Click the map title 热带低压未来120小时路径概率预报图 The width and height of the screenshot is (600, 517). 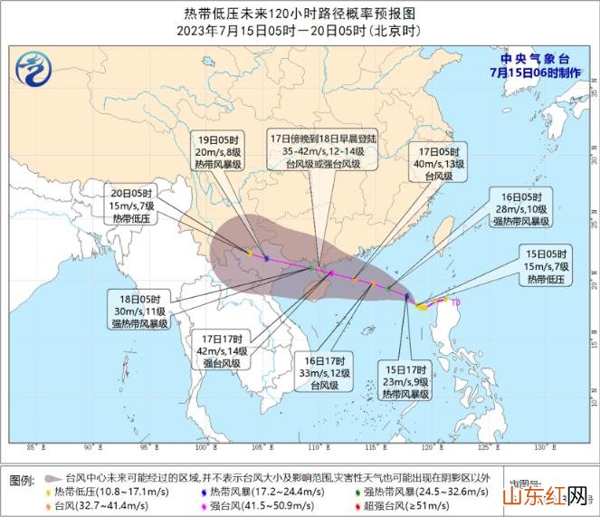point(300,14)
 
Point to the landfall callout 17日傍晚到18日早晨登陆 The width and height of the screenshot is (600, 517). point(316,152)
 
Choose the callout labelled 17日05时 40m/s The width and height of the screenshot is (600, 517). point(439,164)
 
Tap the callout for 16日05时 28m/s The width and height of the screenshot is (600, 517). point(521,209)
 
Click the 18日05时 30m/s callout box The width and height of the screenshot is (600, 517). point(140,310)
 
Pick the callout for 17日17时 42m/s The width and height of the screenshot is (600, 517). point(221,349)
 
